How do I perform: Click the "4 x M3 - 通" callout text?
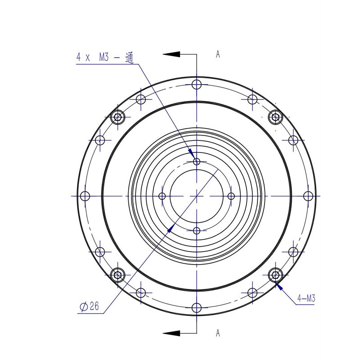click(x=106, y=57)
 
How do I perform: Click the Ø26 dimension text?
click(x=89, y=307)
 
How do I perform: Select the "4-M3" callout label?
click(x=306, y=298)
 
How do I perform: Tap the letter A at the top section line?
click(x=218, y=54)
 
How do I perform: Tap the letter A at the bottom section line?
click(x=218, y=333)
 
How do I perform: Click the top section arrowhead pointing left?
click(x=172, y=54)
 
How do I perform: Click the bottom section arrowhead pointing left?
click(x=172, y=333)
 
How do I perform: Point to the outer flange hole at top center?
click(x=197, y=84)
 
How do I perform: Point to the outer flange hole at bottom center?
click(x=197, y=308)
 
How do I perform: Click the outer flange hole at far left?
click(x=85, y=196)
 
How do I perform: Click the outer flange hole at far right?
click(x=308, y=196)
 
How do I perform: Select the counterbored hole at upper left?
click(x=118, y=117)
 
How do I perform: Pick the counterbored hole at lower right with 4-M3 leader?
click(x=275, y=274)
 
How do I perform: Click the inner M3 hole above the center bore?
click(x=196, y=162)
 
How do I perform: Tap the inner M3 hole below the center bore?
click(x=196, y=231)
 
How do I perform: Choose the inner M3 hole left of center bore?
click(x=162, y=196)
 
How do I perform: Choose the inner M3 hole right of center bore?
click(x=231, y=196)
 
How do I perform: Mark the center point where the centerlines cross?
click(x=197, y=196)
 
